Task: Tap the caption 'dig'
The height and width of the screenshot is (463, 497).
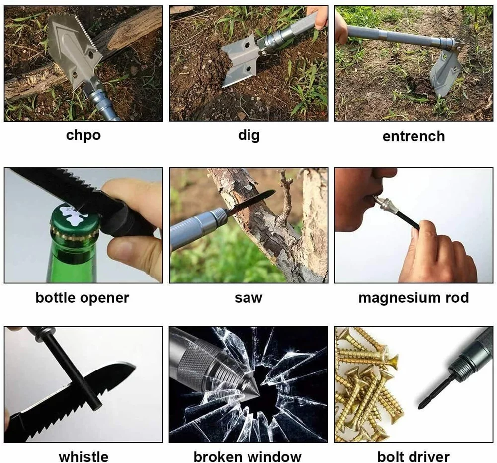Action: click(248, 135)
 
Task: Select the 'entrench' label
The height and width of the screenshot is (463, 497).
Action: click(414, 136)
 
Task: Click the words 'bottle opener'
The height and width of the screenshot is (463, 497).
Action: click(83, 298)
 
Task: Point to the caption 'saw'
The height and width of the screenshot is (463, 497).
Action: click(248, 298)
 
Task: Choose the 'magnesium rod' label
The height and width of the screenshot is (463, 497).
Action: click(414, 298)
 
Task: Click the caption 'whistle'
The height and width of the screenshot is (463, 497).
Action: click(83, 456)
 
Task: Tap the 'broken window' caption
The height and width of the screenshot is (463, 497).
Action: click(248, 456)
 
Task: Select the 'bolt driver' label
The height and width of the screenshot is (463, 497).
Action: click(414, 456)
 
